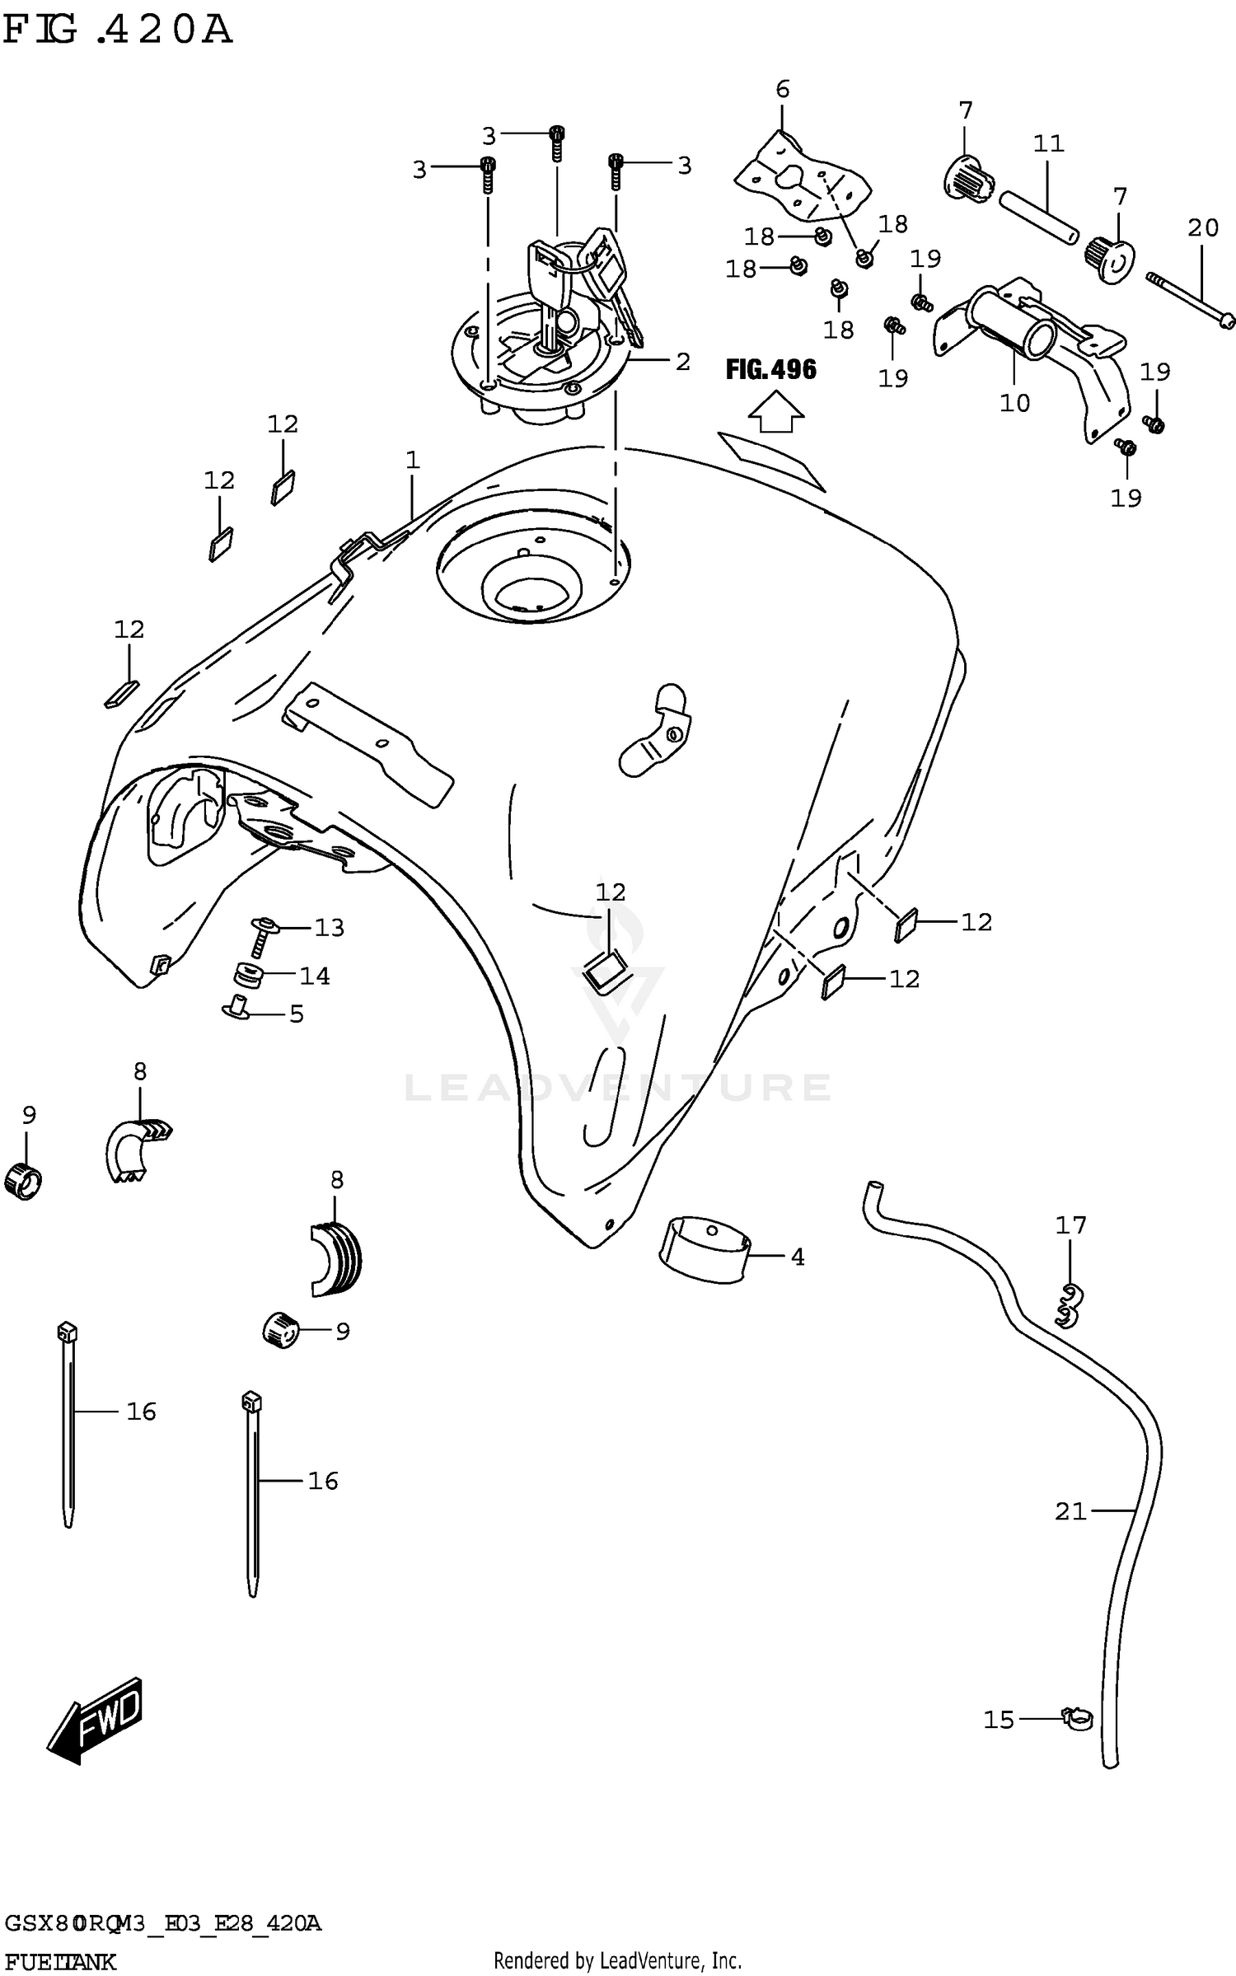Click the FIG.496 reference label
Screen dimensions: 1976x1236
770,369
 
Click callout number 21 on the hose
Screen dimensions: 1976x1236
1070,1511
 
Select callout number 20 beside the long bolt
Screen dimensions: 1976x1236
1203,228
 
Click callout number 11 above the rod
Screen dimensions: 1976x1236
1049,144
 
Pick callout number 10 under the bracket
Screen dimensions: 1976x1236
1014,403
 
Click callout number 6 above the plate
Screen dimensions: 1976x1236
782,89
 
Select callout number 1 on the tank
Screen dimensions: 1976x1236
413,460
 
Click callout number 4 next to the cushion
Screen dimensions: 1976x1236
797,1257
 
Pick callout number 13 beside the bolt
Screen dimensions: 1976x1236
329,928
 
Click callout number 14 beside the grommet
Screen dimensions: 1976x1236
315,976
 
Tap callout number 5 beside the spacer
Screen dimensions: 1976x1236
297,1014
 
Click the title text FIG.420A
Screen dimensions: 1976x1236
117,30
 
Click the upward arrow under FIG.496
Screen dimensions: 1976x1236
775,412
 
